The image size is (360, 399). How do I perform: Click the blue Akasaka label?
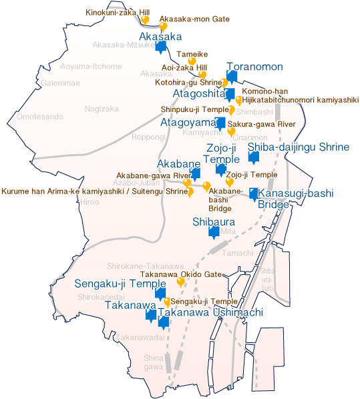[x=160, y=36]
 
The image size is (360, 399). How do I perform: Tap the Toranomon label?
[x=255, y=67]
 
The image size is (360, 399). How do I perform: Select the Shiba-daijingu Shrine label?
[x=299, y=147]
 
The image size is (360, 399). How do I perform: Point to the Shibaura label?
[x=213, y=222]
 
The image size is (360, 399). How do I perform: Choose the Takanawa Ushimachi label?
[x=211, y=312]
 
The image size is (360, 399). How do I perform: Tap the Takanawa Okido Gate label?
[x=180, y=274]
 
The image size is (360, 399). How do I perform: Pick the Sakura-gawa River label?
[x=261, y=124]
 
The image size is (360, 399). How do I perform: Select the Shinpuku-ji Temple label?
[x=194, y=109]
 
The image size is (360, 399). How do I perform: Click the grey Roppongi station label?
[x=148, y=137]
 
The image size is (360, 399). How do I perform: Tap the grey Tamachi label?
[x=238, y=254]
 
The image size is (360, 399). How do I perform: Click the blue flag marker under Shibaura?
[x=214, y=233]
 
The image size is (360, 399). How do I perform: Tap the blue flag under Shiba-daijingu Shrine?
[x=253, y=158]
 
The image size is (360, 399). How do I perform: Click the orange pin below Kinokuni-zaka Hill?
[x=144, y=19]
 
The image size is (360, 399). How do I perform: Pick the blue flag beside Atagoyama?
[x=220, y=123]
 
